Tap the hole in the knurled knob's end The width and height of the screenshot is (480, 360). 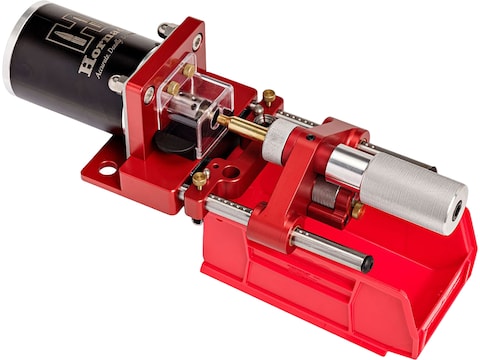pos(455,209)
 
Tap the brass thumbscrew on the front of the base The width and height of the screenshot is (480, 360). pos(200,180)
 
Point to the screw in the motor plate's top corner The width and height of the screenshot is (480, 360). pos(197,41)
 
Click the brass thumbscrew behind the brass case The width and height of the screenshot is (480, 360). pos(268,97)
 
